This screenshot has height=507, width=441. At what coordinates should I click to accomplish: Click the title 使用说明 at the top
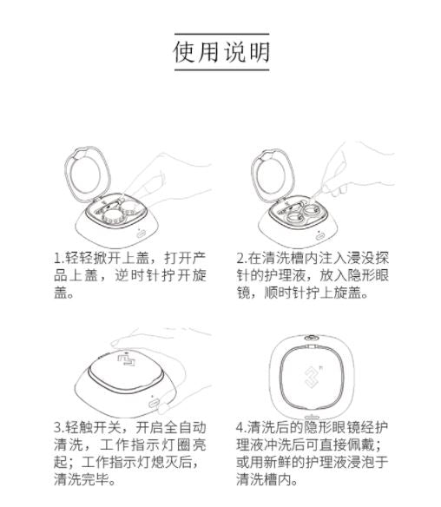(x=221, y=52)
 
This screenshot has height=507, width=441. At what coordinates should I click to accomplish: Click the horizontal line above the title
(x=221, y=34)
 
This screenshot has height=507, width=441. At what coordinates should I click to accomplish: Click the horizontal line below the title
(x=221, y=69)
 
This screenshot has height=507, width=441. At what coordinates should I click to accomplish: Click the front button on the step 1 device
(x=141, y=234)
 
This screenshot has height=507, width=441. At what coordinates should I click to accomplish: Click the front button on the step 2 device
(x=320, y=236)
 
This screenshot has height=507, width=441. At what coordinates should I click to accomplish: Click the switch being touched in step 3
(x=154, y=404)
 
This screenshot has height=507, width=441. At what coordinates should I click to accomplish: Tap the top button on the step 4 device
(x=312, y=338)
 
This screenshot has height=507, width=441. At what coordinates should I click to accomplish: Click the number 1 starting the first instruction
(x=58, y=259)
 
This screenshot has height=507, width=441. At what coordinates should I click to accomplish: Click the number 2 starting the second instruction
(x=240, y=259)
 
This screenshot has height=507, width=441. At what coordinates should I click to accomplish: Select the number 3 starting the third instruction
(x=58, y=428)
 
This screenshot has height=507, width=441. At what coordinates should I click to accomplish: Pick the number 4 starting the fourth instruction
(x=240, y=428)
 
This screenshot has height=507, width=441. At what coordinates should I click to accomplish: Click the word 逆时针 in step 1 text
(x=133, y=276)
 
